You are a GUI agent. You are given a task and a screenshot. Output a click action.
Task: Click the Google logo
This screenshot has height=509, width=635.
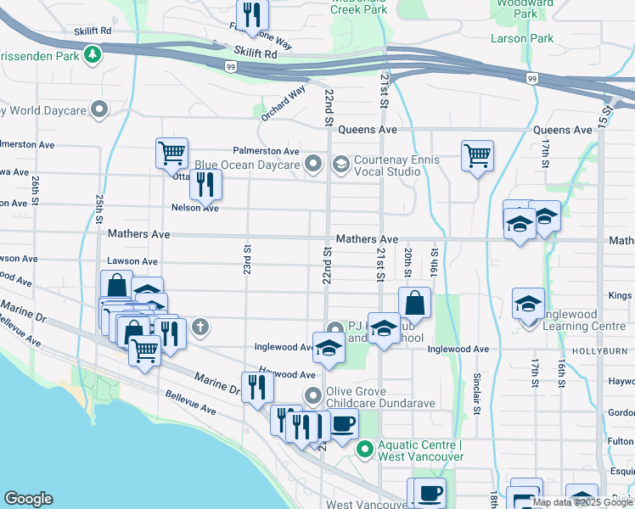pyautogui.click(x=28, y=499)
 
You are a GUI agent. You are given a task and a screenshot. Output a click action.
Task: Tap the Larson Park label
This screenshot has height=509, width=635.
pyautogui.click(x=521, y=38)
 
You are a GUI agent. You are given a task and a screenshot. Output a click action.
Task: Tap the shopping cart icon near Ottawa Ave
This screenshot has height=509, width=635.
pyautogui.click(x=171, y=153)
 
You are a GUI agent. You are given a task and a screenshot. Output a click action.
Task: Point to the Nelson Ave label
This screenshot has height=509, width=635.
pyautogui.click(x=195, y=208)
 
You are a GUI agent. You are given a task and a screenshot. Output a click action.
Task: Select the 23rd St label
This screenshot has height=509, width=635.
pyautogui.click(x=247, y=259)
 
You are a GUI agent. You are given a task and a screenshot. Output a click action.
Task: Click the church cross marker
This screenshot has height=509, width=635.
pyautogui.click(x=200, y=326)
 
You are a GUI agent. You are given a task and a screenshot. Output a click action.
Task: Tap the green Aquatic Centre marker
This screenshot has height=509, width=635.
pyautogui.click(x=366, y=449)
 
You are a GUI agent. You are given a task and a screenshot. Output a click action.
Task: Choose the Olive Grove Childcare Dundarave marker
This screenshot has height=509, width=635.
pyautogui.click(x=314, y=395)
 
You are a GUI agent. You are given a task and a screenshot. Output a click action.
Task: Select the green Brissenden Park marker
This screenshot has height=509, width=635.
pyautogui.click(x=92, y=57)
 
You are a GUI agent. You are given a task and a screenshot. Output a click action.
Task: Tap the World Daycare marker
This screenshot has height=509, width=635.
pyautogui.click(x=100, y=109)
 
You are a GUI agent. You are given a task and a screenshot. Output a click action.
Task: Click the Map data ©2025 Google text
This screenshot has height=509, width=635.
pyautogui.click(x=577, y=502)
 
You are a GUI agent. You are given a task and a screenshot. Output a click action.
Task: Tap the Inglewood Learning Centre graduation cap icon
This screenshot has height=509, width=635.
pyautogui.click(x=528, y=303)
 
